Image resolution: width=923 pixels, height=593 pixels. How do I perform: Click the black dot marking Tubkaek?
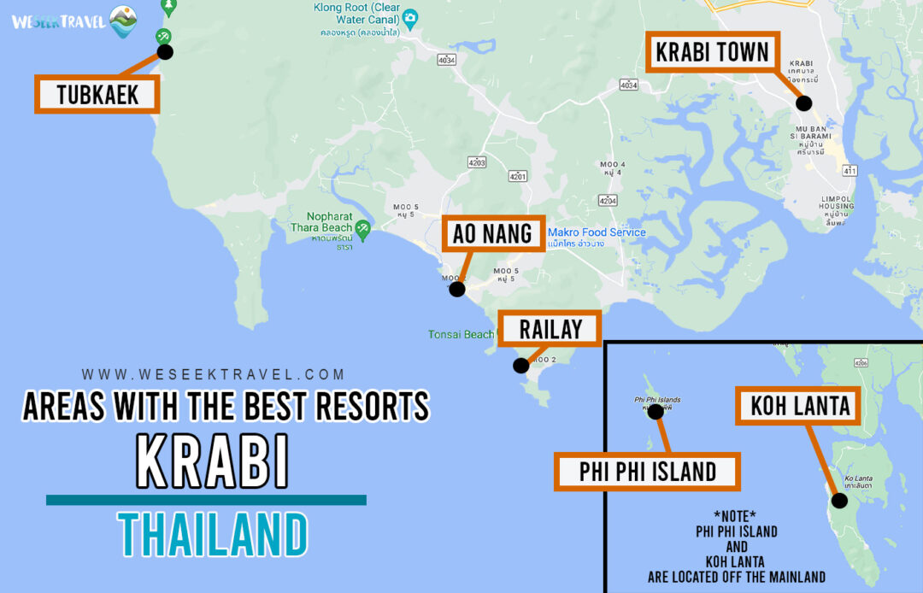pyautogui.click(x=166, y=52)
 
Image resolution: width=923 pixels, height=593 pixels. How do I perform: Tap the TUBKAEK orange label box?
pyautogui.click(x=97, y=94)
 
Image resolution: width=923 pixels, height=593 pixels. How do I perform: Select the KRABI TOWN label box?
pyautogui.click(x=712, y=53)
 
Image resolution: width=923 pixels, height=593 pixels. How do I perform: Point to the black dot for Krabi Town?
pyautogui.click(x=803, y=103)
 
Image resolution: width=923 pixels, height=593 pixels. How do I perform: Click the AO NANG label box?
pyautogui.click(x=492, y=233)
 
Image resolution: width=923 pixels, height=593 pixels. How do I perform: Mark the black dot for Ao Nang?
pyautogui.click(x=457, y=289)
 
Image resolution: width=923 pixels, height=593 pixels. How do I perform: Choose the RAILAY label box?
pyautogui.click(x=551, y=329)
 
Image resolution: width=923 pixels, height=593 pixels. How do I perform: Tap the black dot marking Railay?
pyautogui.click(x=520, y=366)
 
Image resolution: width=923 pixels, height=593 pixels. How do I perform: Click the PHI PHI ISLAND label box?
pyautogui.click(x=647, y=472)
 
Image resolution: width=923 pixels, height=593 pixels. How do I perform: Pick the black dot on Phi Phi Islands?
pyautogui.click(x=656, y=412)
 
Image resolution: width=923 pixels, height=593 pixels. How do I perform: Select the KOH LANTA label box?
pyautogui.click(x=801, y=405)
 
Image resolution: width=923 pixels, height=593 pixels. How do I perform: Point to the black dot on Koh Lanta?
pyautogui.click(x=839, y=501)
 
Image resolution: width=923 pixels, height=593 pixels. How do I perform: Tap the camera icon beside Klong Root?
pyautogui.click(x=410, y=18)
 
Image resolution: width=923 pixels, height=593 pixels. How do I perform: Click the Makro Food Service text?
pyautogui.click(x=597, y=232)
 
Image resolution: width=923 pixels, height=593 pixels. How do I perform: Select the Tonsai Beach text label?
pyautogui.click(x=461, y=334)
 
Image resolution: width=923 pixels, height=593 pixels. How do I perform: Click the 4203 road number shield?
pyautogui.click(x=477, y=162)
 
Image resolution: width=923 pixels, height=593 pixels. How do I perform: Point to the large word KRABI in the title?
pyautogui.click(x=212, y=462)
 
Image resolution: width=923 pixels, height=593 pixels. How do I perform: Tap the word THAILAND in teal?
pyautogui.click(x=212, y=534)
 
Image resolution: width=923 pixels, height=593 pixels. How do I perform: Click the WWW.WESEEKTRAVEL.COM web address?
pyautogui.click(x=213, y=374)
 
